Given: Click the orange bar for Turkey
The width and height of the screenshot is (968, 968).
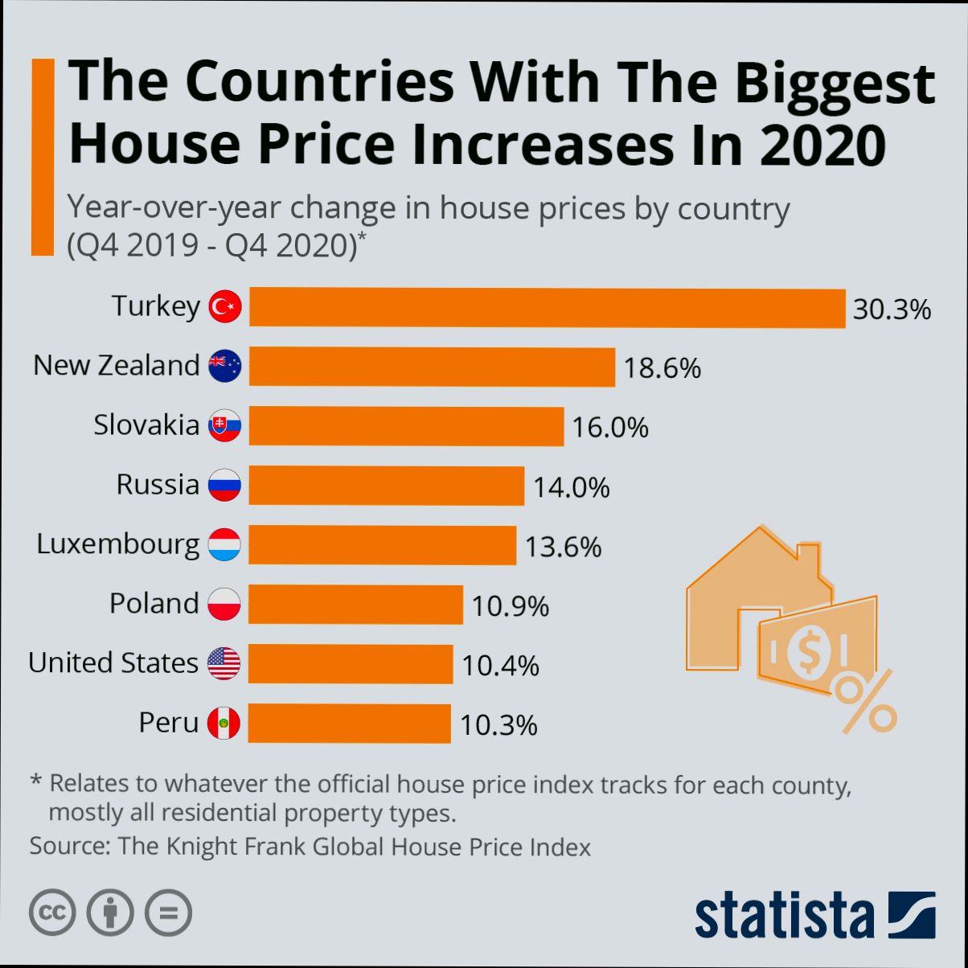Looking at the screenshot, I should point(547,308).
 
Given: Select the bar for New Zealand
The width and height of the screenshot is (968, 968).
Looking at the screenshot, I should point(432,367).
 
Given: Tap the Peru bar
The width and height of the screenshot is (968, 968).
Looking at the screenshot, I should point(350,724).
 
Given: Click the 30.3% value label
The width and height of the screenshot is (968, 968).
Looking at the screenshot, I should point(892,310).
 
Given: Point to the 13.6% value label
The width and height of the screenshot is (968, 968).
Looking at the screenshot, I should point(563,548).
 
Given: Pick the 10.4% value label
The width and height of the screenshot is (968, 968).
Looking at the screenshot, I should point(500,666).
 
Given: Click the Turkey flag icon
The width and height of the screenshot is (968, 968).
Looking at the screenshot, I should point(225,307).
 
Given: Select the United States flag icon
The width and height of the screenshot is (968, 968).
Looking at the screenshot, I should point(224,664).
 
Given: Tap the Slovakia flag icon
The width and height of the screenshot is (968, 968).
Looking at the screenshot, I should point(224,426).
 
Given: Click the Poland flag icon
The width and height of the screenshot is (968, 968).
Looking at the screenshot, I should point(224,604).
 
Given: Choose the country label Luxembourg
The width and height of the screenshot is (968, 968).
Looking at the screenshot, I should point(117,546).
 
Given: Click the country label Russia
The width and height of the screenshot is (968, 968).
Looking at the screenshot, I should point(158,485).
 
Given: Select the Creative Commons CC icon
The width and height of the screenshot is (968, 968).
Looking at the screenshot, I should point(53,913).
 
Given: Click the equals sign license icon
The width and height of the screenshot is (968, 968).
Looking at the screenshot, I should point(169,913).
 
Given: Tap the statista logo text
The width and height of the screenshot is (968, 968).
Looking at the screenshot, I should point(785,914).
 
